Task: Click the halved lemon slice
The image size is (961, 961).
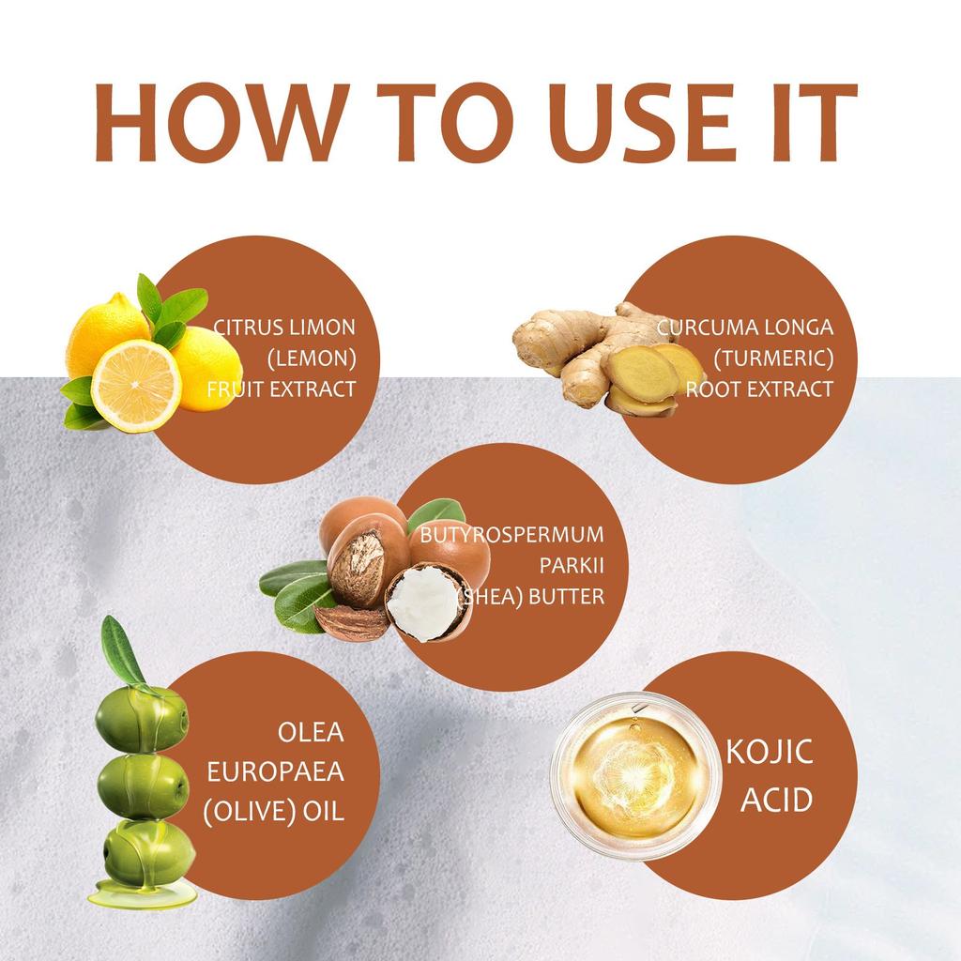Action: click(136, 384)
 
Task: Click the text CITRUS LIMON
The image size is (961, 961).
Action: click(285, 328)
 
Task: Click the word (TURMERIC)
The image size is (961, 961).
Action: click(772, 358)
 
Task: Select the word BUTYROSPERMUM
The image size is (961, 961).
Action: click(511, 536)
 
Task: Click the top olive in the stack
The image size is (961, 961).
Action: click(142, 718)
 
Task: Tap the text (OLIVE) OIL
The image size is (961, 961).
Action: click(273, 809)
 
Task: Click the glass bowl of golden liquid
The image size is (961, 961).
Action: click(635, 774)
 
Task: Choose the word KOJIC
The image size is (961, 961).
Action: click(770, 754)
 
